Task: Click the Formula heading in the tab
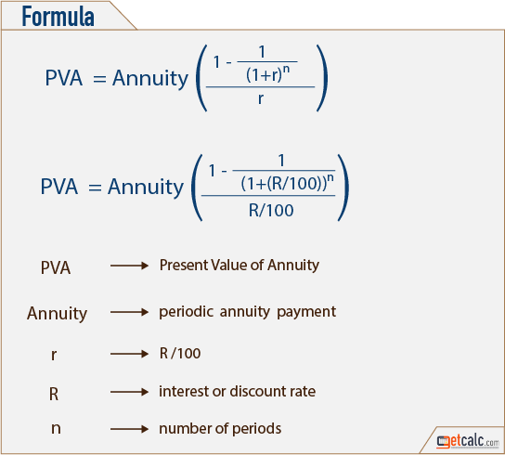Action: (58, 16)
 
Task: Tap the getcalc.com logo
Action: (468, 441)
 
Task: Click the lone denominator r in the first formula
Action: (261, 98)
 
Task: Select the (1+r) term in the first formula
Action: (264, 75)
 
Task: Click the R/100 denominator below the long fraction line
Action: (271, 211)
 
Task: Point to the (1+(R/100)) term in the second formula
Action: (283, 184)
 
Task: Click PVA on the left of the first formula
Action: (64, 78)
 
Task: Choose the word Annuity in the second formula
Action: (146, 187)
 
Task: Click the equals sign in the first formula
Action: (99, 79)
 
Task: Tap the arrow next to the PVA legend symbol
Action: (129, 266)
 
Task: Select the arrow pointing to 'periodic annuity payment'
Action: (129, 312)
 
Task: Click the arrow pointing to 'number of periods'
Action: (129, 429)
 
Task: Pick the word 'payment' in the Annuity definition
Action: (306, 312)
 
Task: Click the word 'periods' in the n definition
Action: (256, 429)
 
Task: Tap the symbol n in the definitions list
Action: (56, 429)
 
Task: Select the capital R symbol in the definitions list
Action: (54, 394)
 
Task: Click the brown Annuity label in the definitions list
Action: (57, 314)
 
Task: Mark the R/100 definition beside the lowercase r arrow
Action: (180, 354)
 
